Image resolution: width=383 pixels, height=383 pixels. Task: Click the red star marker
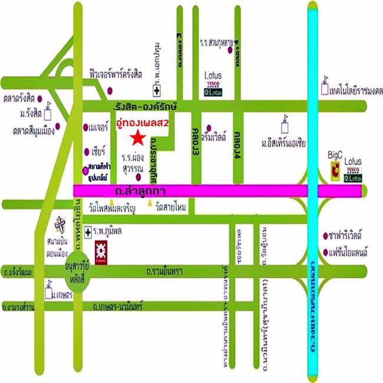(x=137, y=139)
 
